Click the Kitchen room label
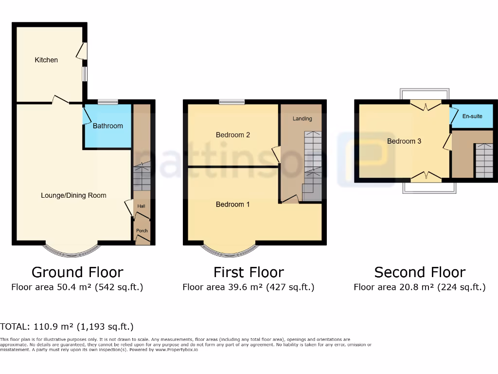click(46, 60)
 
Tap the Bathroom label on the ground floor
click(108, 126)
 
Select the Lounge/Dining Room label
click(73, 195)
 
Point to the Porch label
click(142, 231)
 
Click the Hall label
click(141, 206)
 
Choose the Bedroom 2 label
click(233, 135)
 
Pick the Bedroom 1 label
click(233, 205)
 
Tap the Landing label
click(302, 118)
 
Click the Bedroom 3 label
click(404, 141)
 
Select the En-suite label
click(472, 116)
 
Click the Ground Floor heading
click(77, 272)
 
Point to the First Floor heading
click(249, 272)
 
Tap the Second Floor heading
click(420, 272)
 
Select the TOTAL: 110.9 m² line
click(67, 326)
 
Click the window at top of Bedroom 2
click(231, 102)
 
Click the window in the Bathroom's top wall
click(107, 102)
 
